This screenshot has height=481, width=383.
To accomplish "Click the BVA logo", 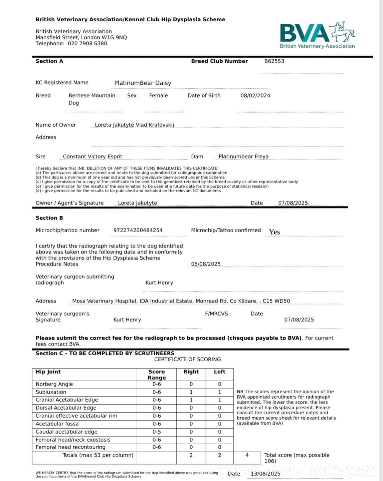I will point(317,35).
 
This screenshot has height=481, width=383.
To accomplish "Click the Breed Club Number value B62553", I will point(274,61).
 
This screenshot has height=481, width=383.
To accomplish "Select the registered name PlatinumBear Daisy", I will point(143,83).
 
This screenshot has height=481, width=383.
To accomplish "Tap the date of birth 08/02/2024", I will point(255,96).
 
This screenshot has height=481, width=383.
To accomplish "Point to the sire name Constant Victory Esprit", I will point(92,157).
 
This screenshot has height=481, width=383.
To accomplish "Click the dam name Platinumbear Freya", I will point(243,157).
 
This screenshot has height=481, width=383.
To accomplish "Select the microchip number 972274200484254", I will point(138,230).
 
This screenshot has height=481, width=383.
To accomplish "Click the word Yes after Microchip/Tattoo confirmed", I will point(274,232).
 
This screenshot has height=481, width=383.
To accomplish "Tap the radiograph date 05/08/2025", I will point(206,264).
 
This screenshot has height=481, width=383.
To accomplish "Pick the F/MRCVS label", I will point(216,314).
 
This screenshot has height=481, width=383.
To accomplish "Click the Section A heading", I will point(49,61).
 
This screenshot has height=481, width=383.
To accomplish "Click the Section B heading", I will point(49,218).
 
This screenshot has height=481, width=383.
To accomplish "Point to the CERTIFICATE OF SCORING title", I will point(187,360).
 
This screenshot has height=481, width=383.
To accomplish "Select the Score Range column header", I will point(157,375).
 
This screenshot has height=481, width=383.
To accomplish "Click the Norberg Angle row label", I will point(54,384).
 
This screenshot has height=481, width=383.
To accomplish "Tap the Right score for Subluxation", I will point(191,392).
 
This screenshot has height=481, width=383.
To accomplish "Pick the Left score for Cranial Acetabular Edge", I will point(219,400).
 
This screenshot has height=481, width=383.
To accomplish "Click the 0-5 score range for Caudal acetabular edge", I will point(157,432).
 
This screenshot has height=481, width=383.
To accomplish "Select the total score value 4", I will point(247,455).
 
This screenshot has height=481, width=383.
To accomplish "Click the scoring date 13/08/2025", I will point(265,474).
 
